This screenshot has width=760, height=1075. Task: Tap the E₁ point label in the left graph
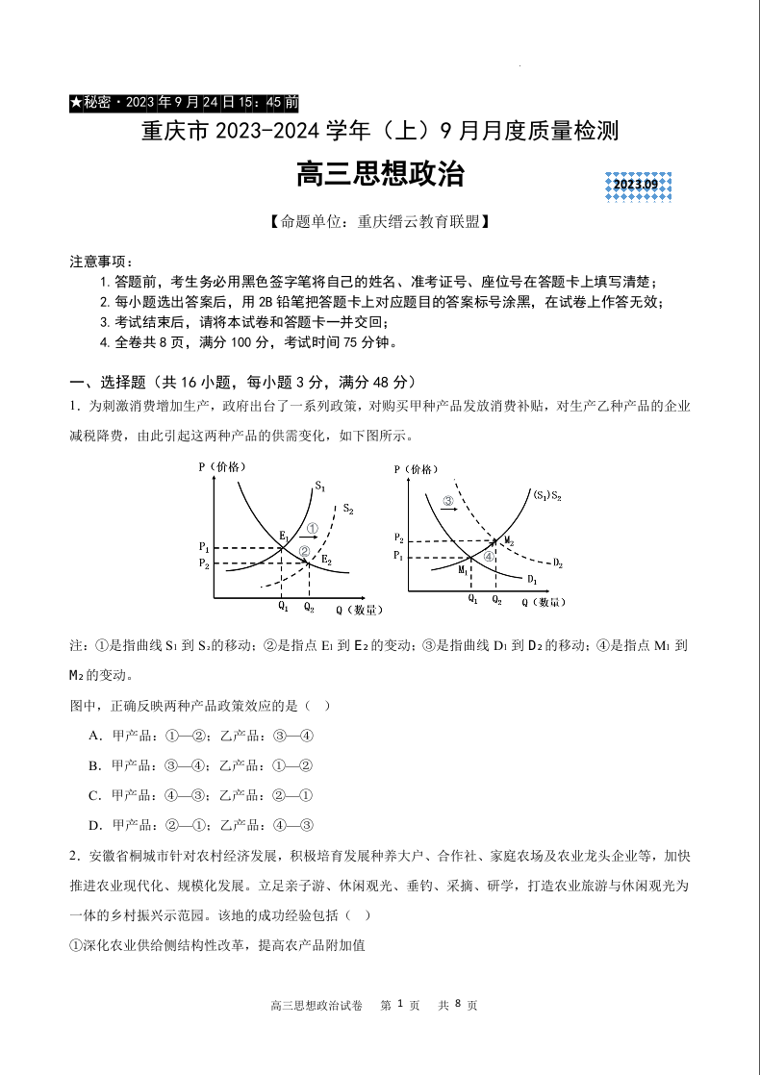(x=285, y=535)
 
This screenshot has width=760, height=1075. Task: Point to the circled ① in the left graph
(x=312, y=528)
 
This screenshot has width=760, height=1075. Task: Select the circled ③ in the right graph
(x=448, y=501)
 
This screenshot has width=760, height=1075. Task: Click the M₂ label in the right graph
(x=509, y=541)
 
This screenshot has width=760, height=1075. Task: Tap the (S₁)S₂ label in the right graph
(x=547, y=495)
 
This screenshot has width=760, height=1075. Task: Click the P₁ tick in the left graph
(x=204, y=547)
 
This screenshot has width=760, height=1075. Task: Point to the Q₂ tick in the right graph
(x=496, y=600)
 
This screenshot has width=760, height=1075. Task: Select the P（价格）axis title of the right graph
(x=416, y=469)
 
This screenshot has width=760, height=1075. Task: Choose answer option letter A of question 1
(x=94, y=736)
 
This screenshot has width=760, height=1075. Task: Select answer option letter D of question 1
(x=94, y=825)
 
